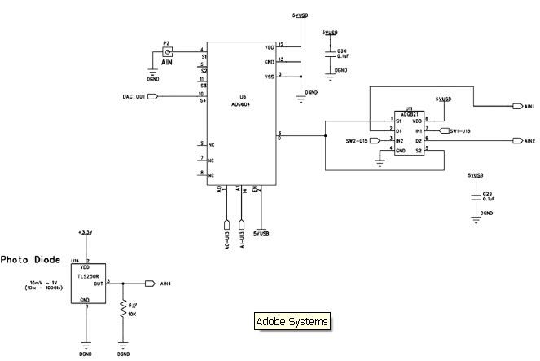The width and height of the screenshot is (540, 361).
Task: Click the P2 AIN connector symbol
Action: point(167,51)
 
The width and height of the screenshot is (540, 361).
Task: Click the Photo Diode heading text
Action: point(30,260)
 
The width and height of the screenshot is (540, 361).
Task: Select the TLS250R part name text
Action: point(88,275)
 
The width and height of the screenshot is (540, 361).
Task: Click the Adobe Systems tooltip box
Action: point(292,322)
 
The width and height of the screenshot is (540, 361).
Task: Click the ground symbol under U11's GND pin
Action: point(379,161)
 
